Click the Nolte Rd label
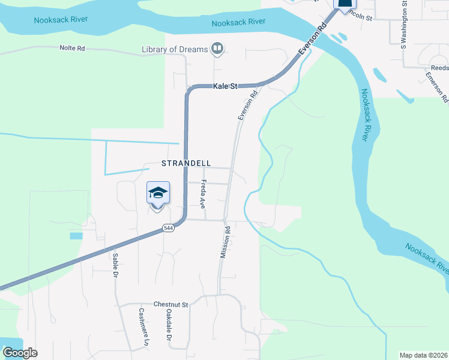72,47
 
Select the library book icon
218,49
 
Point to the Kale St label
226,86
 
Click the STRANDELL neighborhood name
186,163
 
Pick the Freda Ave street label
203,193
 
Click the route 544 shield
168,229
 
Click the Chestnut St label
170,305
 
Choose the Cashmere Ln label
143,327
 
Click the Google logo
20,353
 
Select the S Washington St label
405,23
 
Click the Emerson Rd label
436,84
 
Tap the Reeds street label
440,68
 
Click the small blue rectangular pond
76,236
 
